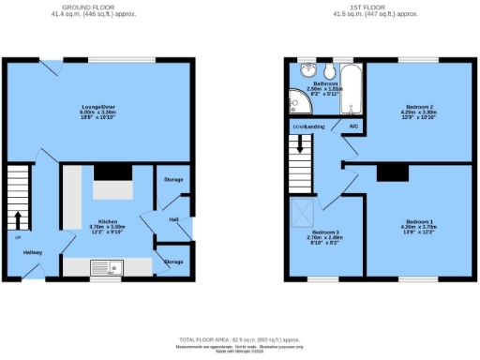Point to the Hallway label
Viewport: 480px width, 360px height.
pyautogui.click(x=32, y=252)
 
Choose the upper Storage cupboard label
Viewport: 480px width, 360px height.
pyautogui.click(x=173, y=179)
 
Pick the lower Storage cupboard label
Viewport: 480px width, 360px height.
pyautogui.click(x=173, y=262)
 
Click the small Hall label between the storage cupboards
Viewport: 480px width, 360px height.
pyautogui.click(x=173, y=220)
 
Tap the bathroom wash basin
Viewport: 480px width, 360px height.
pyautogui.click(x=307, y=70)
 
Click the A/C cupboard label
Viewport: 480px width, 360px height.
pyautogui.click(x=353, y=126)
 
